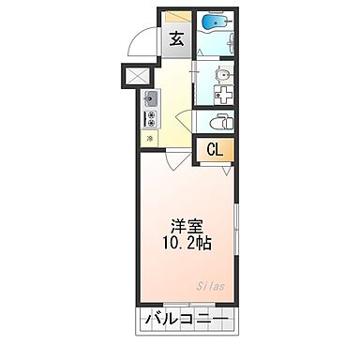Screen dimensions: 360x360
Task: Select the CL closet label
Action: click(x=215, y=149)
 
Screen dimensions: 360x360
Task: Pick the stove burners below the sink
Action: click(x=149, y=118)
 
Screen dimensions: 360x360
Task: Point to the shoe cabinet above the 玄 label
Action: click(x=176, y=18)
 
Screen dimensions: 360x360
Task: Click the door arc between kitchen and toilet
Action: click(x=184, y=116)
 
